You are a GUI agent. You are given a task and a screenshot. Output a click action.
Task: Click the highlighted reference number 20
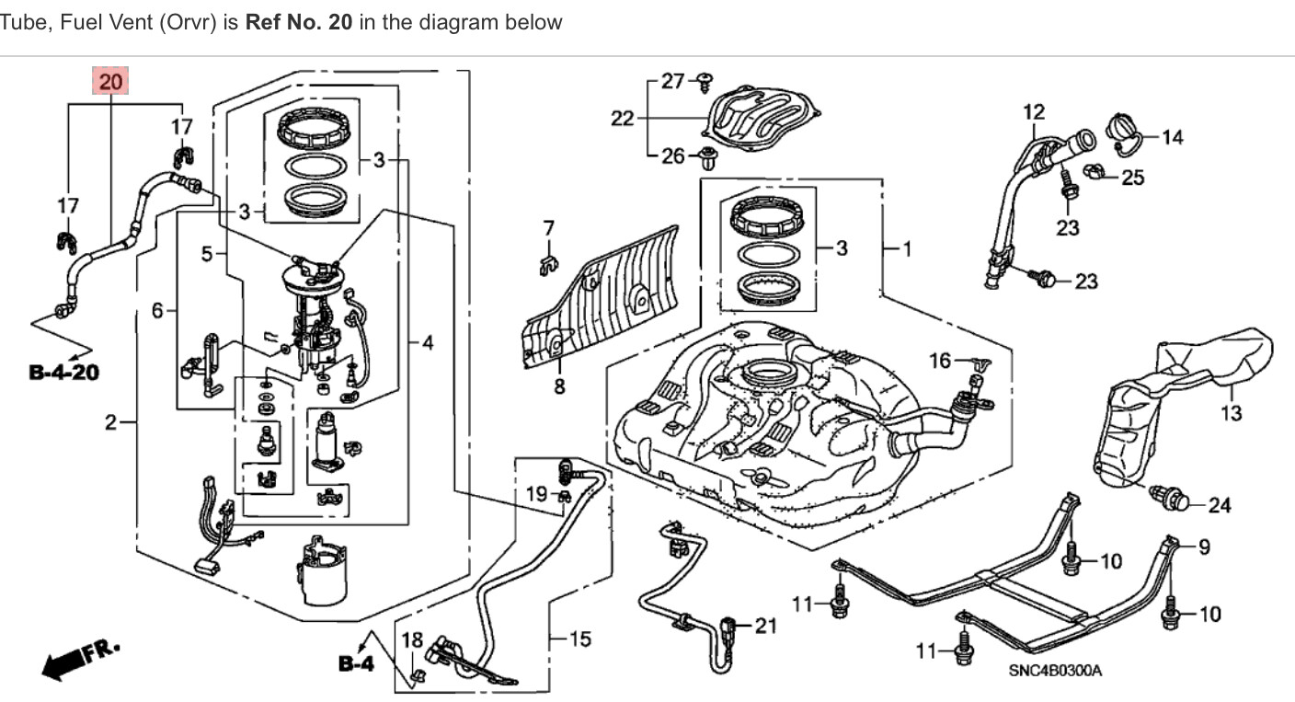[x=110, y=82]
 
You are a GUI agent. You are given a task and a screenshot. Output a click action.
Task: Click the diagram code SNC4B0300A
[x=1055, y=671]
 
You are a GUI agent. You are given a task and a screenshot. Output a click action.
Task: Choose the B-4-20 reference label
[x=64, y=373]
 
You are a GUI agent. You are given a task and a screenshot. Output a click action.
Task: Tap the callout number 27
[x=673, y=82]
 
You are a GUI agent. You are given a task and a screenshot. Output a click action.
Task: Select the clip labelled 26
[x=707, y=158]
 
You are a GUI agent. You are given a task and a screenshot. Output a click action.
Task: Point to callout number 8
[x=559, y=386]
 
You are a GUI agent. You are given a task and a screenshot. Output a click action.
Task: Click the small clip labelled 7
[x=548, y=264]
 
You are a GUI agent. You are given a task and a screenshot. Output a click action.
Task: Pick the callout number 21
[x=765, y=627]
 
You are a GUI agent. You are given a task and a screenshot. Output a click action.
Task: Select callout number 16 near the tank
[x=940, y=361]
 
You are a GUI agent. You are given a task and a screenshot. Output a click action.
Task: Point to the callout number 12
[x=1034, y=112]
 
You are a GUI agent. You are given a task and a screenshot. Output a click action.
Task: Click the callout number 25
[x=1133, y=177]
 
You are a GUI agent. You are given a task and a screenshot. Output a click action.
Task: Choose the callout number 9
[x=1204, y=547]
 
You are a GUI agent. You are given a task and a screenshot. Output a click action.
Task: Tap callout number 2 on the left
[x=110, y=423]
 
